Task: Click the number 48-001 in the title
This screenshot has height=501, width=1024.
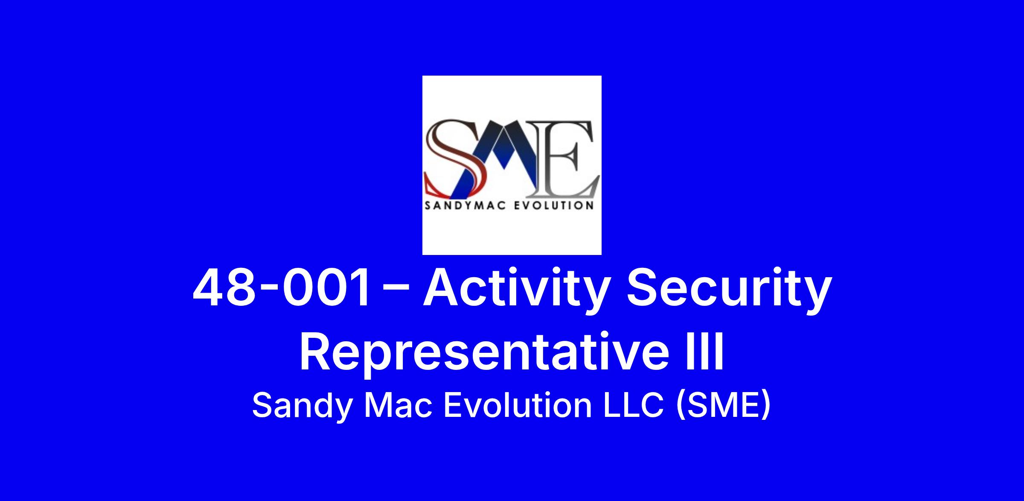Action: coord(282,288)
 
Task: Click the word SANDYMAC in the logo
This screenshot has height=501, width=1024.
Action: coord(465,206)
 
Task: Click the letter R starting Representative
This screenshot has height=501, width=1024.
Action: coord(316,352)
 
